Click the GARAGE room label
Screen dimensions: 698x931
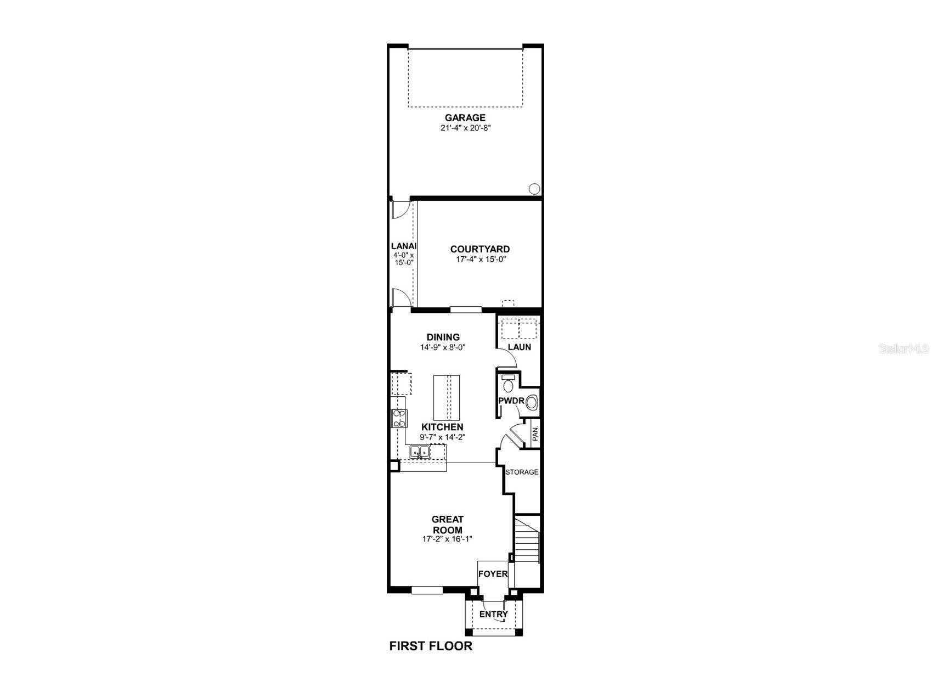pyautogui.click(x=465, y=117)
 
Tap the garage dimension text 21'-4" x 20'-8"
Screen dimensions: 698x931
pyautogui.click(x=465, y=128)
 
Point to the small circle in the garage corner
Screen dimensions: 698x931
pyautogui.click(x=534, y=189)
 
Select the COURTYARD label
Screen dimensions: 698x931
pyautogui.click(x=479, y=249)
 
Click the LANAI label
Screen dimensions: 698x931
pyautogui.click(x=403, y=246)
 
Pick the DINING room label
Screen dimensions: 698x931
pyautogui.click(x=443, y=337)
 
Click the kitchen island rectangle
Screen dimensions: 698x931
pyautogui.click(x=447, y=397)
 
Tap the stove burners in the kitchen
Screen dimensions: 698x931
pyautogui.click(x=399, y=419)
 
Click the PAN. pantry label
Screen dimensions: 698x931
pyautogui.click(x=535, y=435)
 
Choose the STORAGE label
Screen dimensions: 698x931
pyautogui.click(x=522, y=472)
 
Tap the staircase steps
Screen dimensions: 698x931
pyautogui.click(x=527, y=541)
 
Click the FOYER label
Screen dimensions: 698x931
pyautogui.click(x=493, y=574)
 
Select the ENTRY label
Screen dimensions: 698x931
pyautogui.click(x=493, y=614)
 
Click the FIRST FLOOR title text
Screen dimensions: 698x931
pyautogui.click(x=431, y=646)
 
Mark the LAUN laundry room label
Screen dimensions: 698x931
pyautogui.click(x=519, y=347)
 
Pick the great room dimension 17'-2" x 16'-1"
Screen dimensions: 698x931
pyautogui.click(x=447, y=539)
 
